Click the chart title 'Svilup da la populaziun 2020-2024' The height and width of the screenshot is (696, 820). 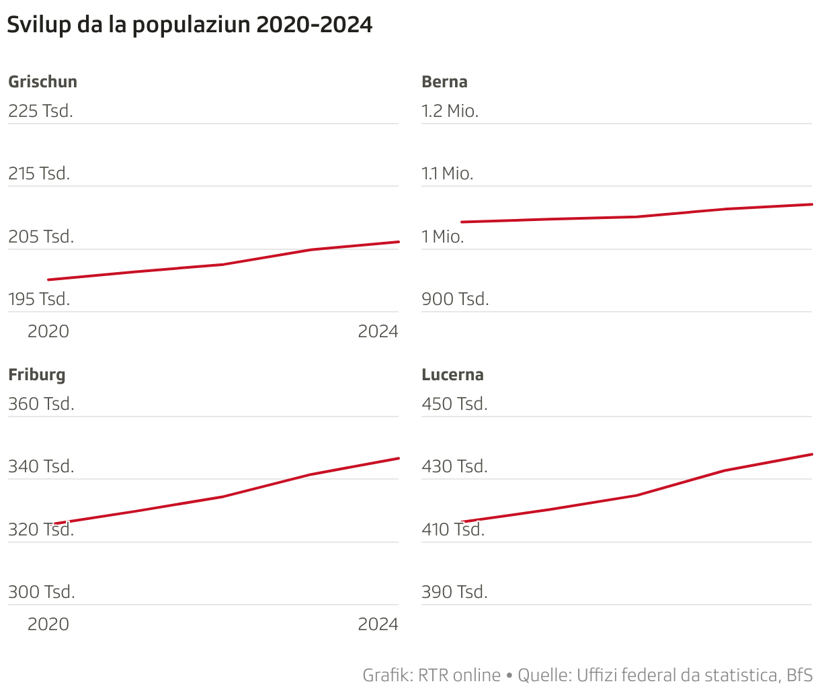pos(190,25)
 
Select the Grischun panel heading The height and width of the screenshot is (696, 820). pos(42,82)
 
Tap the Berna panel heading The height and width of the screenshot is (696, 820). pos(444,82)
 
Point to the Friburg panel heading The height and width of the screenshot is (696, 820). pos(37,375)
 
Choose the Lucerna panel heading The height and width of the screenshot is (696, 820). pos(452,375)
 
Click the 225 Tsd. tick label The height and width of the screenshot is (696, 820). pos(40,112)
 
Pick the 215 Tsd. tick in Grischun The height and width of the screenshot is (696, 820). pos(39,174)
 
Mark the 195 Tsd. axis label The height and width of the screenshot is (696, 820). pos(39,300)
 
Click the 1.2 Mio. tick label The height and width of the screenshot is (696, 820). pos(450,112)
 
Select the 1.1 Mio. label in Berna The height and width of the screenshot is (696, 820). pos(447,174)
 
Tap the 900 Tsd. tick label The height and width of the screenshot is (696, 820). pos(455,300)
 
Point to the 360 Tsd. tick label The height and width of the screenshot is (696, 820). pos(41,404)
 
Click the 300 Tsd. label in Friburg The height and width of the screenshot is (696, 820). pos(42,593)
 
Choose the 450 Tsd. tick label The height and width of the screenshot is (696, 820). pos(454,404)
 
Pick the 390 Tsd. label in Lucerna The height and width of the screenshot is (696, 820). pos(454,593)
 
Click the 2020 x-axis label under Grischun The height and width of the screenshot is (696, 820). pos(48,332)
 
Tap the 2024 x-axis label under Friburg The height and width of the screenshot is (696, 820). pos(378,625)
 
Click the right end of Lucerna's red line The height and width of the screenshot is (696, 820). pos(811,455)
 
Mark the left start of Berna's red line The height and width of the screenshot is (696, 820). pos(462,222)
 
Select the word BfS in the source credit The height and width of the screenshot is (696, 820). pos(799,675)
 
